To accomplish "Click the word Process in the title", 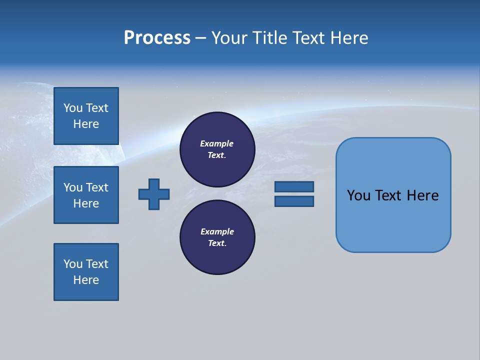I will click(157, 38).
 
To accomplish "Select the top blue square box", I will click(86, 116).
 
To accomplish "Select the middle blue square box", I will click(86, 195).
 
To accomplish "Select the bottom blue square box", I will click(86, 272).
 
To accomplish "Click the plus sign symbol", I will click(154, 194).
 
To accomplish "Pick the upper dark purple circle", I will click(217, 149).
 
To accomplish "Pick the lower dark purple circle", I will click(217, 237).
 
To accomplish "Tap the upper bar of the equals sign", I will click(294, 186).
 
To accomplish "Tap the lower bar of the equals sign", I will click(294, 201).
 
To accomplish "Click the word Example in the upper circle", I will click(217, 144).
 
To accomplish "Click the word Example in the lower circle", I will click(217, 232).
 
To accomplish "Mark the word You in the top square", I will click(73, 108).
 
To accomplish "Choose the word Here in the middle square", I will click(86, 203).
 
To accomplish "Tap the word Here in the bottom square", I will click(86, 280).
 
